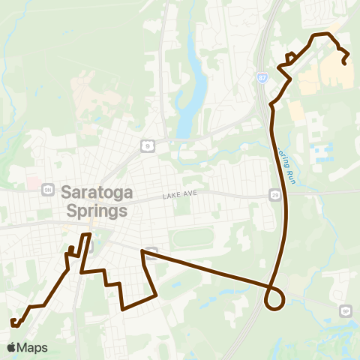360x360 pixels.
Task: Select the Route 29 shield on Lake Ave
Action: [x=275, y=195]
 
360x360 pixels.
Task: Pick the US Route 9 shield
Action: [x=149, y=145]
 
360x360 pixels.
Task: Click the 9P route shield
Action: [x=346, y=310]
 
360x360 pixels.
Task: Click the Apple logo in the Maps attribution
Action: [x=11, y=348]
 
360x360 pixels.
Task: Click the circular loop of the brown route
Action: [x=275, y=298]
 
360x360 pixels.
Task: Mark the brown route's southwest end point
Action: [x=13, y=322]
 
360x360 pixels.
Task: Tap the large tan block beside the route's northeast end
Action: [x=336, y=71]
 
